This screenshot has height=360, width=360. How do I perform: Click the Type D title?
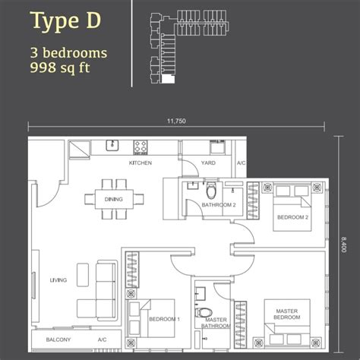[66, 21]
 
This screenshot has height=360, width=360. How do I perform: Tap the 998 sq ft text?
[60, 68]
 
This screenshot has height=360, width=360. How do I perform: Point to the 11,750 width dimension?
[176, 121]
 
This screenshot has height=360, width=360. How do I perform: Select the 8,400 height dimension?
[343, 245]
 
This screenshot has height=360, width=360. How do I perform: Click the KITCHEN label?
[141, 163]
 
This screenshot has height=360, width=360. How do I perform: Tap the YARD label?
[208, 163]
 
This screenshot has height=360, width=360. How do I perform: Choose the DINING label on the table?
[114, 199]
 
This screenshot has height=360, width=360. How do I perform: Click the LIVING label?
[58, 280]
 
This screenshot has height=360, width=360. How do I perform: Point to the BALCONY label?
[58, 339]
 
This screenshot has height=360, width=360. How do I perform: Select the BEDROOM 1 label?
[164, 319]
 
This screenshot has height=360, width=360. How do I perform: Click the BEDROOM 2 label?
[292, 217]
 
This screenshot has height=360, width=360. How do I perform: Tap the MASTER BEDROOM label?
[287, 314]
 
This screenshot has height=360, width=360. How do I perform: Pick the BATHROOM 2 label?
[219, 205]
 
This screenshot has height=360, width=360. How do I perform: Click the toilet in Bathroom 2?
[211, 191]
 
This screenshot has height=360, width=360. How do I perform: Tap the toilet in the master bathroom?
[204, 312]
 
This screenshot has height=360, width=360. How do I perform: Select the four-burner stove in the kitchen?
[141, 147]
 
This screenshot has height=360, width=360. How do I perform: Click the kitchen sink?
[112, 145]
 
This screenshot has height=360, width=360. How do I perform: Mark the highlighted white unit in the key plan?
[168, 79]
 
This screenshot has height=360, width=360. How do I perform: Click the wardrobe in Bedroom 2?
[253, 201]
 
